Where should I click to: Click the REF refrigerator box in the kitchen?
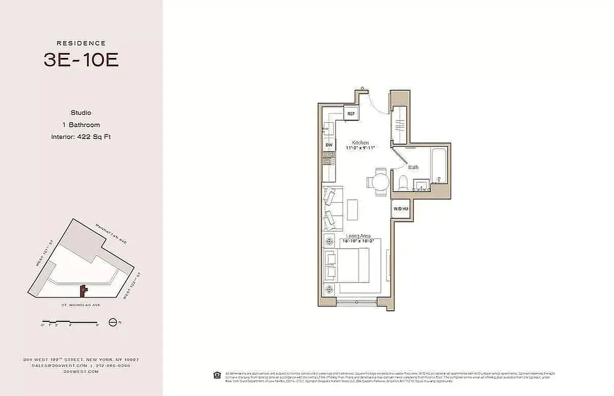tap(351, 113)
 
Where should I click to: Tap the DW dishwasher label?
tap(329, 145)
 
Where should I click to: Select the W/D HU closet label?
tap(401, 209)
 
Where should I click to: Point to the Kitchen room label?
tap(360, 143)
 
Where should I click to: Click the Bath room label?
tap(413, 167)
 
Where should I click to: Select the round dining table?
tap(381, 182)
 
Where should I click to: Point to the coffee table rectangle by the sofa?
tap(352, 209)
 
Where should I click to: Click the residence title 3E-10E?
tap(81, 59)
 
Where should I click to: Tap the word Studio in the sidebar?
tap(81, 113)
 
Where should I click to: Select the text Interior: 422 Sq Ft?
tap(81, 137)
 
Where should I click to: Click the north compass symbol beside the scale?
tap(112, 322)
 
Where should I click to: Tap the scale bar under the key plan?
tap(70, 322)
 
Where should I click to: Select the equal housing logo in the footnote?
tap(217, 375)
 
